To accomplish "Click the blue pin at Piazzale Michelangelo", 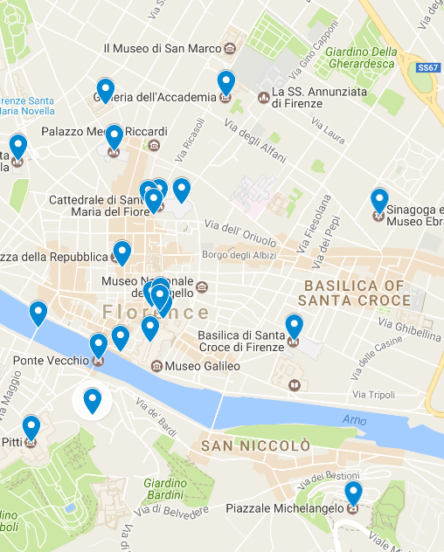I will [x=353, y=493].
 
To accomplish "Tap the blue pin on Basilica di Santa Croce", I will [x=294, y=326].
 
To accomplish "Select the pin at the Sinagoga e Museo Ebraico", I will [x=378, y=200].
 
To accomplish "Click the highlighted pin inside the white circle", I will [x=92, y=400].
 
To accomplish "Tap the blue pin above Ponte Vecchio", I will [x=99, y=346].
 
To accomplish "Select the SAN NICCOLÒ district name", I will [x=255, y=446].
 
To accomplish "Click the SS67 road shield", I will [x=427, y=66].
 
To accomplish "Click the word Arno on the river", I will [x=354, y=421].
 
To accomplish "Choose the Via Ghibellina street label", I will [x=409, y=328].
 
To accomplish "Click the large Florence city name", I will [x=156, y=313].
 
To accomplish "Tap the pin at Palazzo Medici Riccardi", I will [x=114, y=137].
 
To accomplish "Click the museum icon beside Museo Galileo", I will [x=156, y=366].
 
